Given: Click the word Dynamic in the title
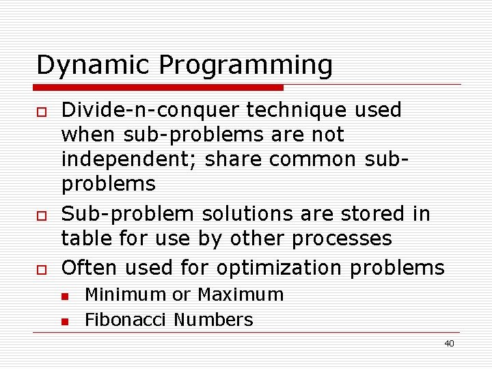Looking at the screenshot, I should (94, 66).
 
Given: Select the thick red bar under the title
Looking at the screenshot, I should (159, 87).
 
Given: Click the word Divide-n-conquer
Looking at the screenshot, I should (150, 111).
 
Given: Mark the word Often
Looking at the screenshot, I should (88, 267).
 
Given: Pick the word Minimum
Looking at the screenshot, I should (125, 295).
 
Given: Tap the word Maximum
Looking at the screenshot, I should (240, 295).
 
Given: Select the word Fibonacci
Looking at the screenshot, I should (126, 320).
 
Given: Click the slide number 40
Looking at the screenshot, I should (449, 344).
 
